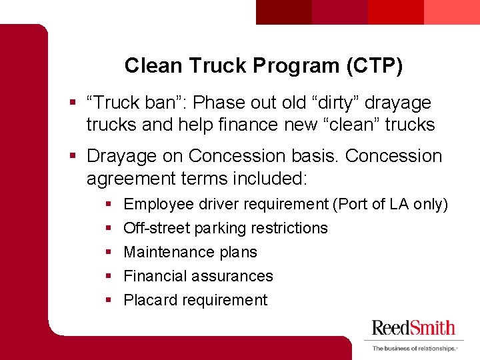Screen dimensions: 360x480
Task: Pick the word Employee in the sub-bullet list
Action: click(x=155, y=204)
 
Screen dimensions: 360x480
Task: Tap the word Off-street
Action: click(x=157, y=228)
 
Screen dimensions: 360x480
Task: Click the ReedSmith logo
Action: click(x=413, y=327)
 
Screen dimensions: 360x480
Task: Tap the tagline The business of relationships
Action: click(x=413, y=348)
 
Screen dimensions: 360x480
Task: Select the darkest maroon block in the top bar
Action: click(x=284, y=11)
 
